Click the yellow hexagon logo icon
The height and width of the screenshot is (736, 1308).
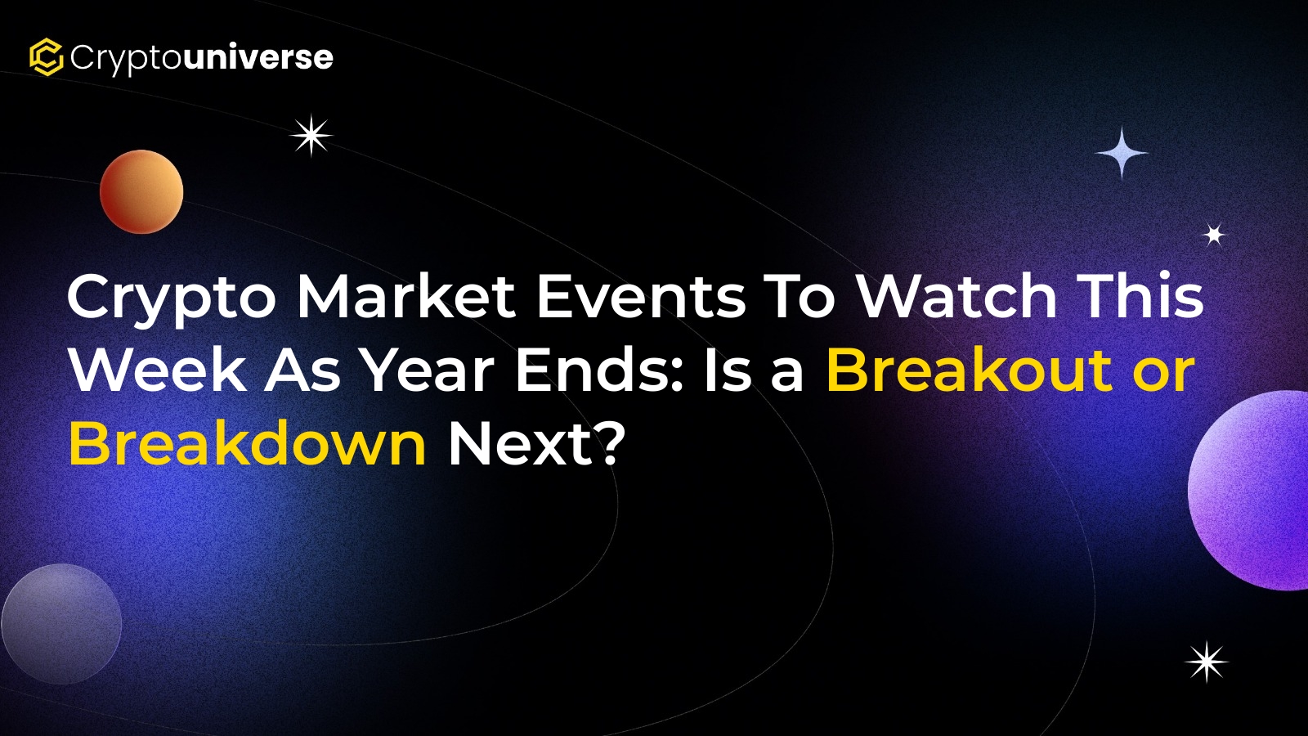tap(46, 57)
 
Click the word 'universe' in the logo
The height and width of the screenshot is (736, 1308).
tap(258, 57)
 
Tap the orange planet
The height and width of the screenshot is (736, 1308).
tap(141, 191)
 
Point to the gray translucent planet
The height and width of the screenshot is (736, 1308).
tap(61, 623)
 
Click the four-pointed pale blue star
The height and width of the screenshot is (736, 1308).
tap(1121, 153)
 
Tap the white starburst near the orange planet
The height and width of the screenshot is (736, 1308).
tap(311, 136)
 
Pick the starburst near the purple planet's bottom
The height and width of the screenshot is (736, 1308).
tap(1207, 662)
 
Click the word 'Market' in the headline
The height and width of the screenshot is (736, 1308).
tap(406, 296)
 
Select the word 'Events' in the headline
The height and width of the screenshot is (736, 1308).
tap(641, 296)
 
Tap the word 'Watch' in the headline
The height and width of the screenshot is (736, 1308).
tap(957, 296)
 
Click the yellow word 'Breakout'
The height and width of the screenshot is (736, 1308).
tap(970, 370)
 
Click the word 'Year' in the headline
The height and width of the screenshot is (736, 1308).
tap(428, 370)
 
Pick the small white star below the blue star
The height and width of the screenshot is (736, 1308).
tap(1214, 235)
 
